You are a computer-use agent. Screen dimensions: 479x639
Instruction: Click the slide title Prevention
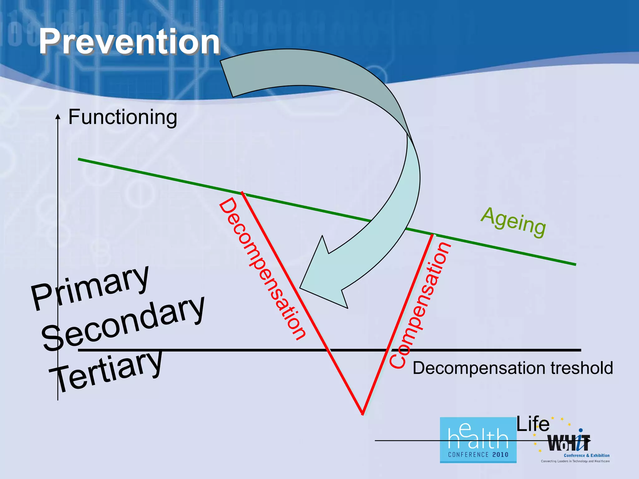pos(129,42)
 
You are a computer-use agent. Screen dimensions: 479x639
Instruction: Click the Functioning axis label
pos(123,117)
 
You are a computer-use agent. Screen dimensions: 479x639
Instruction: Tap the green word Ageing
pos(513,222)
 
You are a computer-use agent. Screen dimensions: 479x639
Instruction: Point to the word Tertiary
pos(106,371)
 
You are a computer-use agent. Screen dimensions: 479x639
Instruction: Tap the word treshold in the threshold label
pos(582,368)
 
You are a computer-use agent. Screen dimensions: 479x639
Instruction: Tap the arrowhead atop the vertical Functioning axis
pos(58,117)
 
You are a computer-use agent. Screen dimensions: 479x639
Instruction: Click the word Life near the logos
pos(533,424)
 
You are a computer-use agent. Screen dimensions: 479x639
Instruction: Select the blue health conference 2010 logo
pos(478,440)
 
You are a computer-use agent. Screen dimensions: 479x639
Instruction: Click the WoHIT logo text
pos(568,443)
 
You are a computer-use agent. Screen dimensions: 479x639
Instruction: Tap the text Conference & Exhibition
pos(587,455)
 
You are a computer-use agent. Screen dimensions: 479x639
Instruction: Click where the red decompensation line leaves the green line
pos(243,193)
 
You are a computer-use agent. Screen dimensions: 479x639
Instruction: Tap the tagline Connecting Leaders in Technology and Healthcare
pos(575,461)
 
